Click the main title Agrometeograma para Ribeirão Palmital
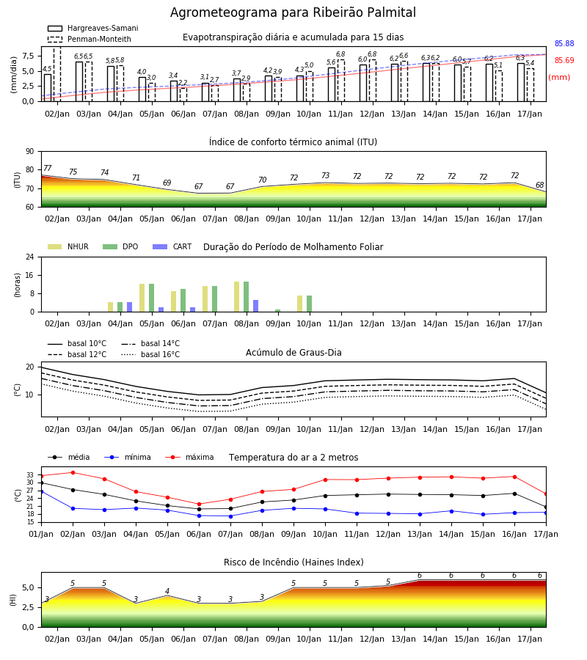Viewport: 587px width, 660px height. (x=293, y=12)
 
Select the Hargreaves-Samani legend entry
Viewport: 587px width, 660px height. (x=93, y=28)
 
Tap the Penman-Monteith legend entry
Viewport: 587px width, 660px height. (x=90, y=39)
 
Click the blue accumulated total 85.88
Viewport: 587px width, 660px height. (x=564, y=43)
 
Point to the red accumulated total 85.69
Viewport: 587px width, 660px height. (x=564, y=60)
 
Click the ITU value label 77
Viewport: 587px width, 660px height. (x=47, y=169)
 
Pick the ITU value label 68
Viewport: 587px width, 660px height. (x=539, y=186)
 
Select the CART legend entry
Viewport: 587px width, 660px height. (x=172, y=246)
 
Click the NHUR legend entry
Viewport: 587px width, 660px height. (x=68, y=246)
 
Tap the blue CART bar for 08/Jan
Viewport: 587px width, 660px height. (x=255, y=306)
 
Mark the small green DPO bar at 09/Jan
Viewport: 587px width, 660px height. (x=278, y=311)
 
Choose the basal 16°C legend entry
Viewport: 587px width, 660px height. (x=150, y=354)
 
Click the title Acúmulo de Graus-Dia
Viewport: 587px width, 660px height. (x=293, y=353)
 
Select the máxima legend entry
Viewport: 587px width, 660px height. (x=189, y=457)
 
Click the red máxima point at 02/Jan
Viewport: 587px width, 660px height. (x=73, y=473)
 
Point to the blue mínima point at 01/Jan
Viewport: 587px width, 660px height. (x=42, y=491)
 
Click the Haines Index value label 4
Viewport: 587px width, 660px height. (x=167, y=591)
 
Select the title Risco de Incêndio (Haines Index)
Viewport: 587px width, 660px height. (x=293, y=562)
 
